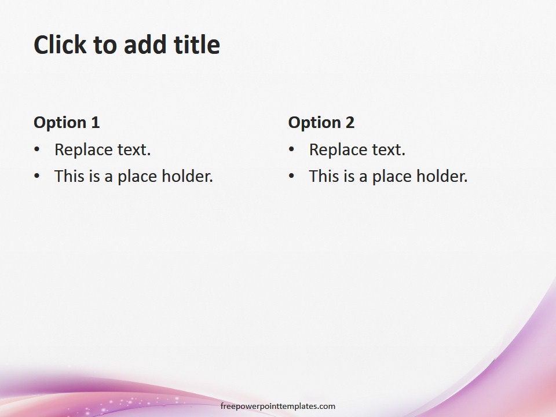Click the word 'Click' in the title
(60, 45)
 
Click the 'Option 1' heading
(67, 122)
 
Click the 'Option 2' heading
(321, 122)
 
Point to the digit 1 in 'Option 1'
(95, 122)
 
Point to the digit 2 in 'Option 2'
(350, 122)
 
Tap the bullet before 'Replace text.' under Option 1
(37, 149)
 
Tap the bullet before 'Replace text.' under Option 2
(291, 149)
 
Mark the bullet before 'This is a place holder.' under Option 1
(37, 176)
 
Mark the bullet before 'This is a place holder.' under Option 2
(291, 176)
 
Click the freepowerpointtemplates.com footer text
(278, 407)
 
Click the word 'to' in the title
(105, 45)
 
